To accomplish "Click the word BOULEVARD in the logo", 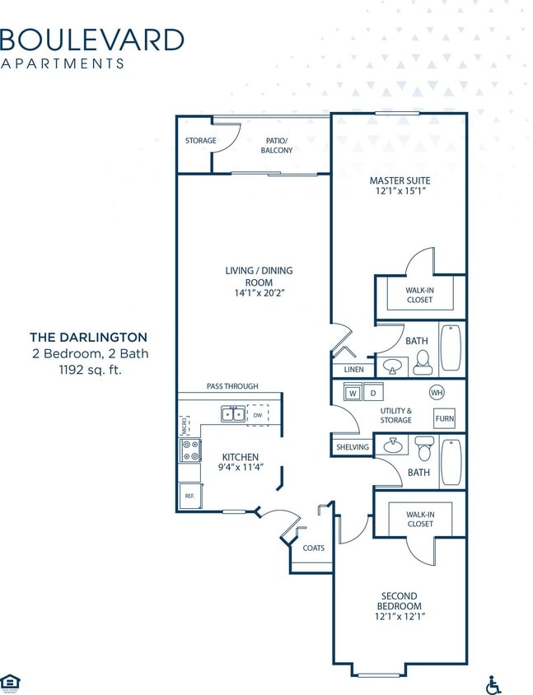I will coord(91,39).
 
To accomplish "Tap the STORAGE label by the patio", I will coord(200,141).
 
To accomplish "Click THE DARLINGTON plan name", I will coord(89,337).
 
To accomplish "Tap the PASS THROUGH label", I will coord(232,385).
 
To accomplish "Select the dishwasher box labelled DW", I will coord(257,414).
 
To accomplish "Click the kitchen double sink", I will coord(232,414).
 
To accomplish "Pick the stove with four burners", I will coord(190,450).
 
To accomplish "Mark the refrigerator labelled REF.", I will coord(189,496).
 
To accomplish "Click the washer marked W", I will coord(353,393).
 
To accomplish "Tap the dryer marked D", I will coord(372,393).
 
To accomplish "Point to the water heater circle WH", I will coord(437,392).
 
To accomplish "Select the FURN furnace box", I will coord(444,418).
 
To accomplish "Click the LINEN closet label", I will coord(353,370).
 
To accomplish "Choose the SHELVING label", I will coord(353,447).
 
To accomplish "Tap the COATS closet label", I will coord(313,548).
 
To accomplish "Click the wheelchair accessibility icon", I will coord(494,684).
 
